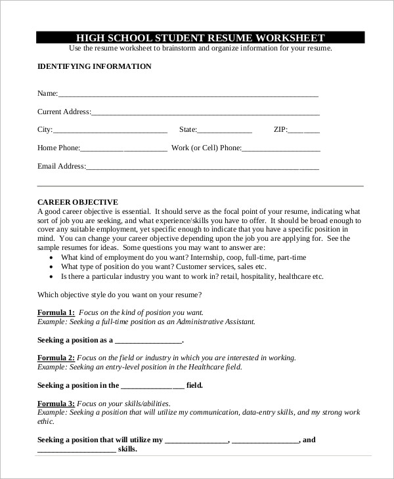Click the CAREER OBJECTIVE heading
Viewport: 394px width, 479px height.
coord(77,202)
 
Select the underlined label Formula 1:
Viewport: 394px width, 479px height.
coord(56,313)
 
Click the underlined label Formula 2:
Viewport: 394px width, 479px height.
coord(56,358)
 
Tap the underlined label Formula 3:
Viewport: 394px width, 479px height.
coord(56,404)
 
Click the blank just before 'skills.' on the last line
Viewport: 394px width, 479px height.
coord(77,451)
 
